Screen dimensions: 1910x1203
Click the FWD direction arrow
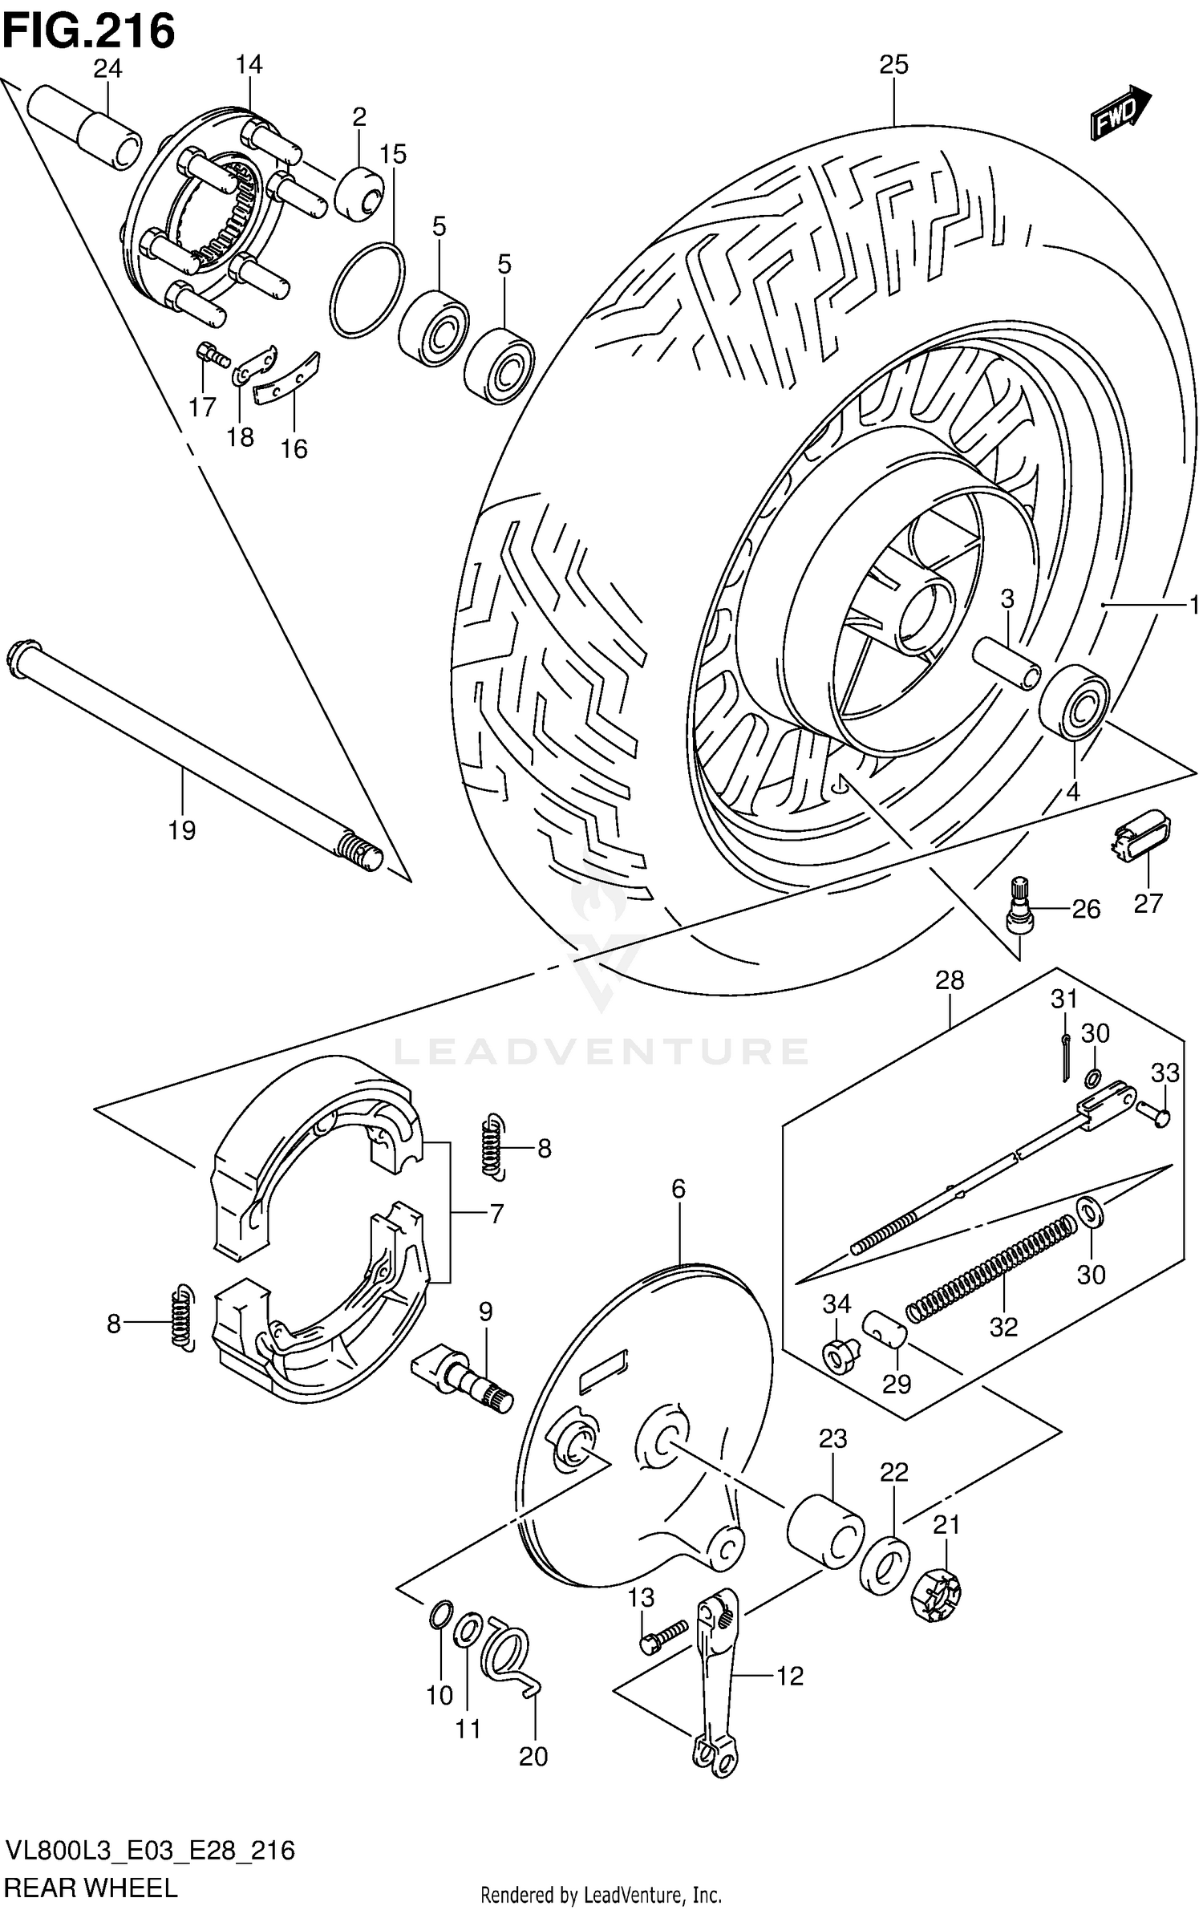(1120, 112)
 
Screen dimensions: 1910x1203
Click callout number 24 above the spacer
(107, 70)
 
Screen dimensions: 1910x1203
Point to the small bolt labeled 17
(210, 354)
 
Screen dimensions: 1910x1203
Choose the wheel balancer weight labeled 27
(1140, 837)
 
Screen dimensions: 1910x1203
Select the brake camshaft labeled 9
(461, 1378)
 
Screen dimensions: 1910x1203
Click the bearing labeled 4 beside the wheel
(1075, 701)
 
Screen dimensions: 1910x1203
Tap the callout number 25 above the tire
(893, 65)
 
